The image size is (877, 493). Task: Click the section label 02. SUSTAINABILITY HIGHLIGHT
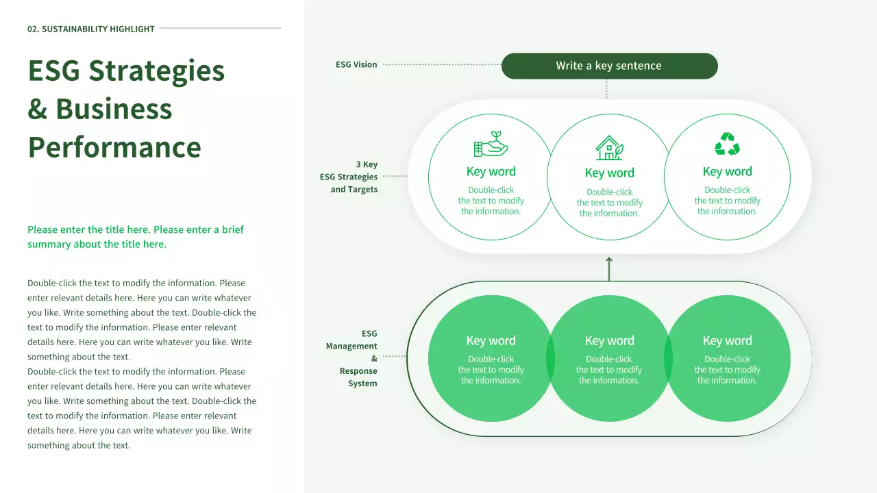91,29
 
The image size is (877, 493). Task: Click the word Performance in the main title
114,147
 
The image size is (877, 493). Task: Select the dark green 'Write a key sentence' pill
609,66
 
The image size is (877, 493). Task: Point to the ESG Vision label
356,64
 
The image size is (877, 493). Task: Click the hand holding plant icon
491,144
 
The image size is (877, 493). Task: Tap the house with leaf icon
609,147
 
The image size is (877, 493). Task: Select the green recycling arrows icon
727,144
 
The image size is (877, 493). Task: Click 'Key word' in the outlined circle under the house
609,173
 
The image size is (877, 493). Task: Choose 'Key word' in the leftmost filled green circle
491,340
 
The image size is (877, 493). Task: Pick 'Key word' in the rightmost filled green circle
727,340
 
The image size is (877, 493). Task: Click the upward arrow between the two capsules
609,268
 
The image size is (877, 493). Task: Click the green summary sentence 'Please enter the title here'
136,237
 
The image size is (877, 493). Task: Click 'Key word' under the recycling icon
727,171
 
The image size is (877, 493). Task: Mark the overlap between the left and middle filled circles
550,359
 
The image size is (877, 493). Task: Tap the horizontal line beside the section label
220,28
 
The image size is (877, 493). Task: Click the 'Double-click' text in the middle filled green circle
609,359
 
